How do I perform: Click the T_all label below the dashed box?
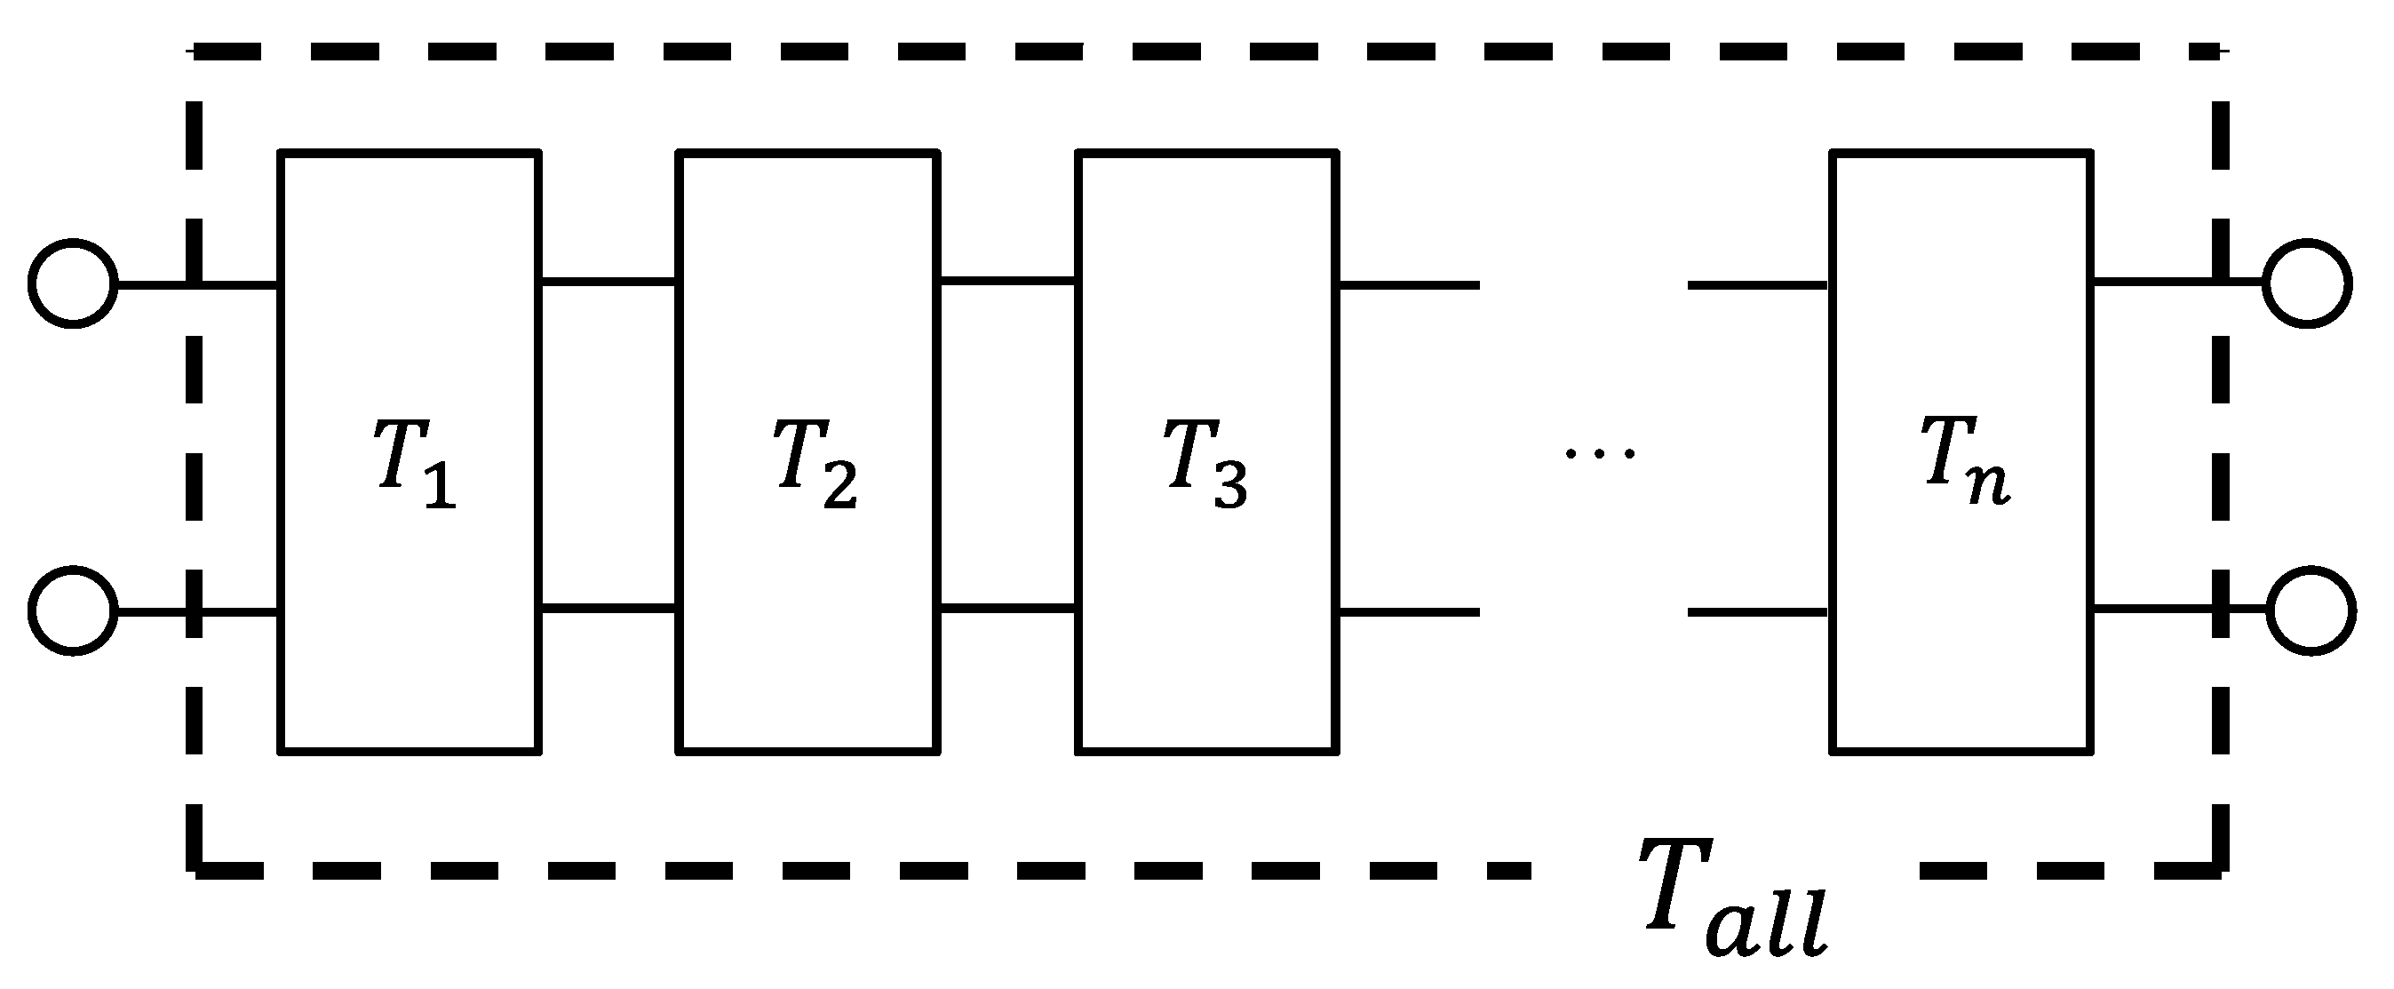[x=1733, y=900]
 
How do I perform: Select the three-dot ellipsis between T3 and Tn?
[x=1598, y=453]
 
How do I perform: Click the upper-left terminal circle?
[x=73, y=283]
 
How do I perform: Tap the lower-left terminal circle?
[x=73, y=611]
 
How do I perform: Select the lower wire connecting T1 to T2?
[x=608, y=609]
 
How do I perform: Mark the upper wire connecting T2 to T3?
[x=1007, y=279]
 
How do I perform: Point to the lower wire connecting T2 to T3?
[x=1007, y=609]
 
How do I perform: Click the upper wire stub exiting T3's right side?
[x=1408, y=284]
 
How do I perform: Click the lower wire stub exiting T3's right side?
[x=1408, y=611]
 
